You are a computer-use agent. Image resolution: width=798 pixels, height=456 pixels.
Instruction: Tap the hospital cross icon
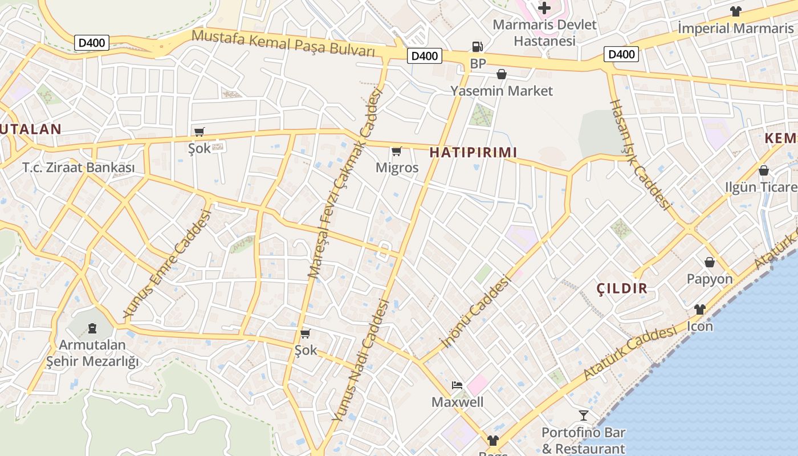(x=544, y=8)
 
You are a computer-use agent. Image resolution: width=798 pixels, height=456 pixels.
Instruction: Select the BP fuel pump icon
(x=477, y=47)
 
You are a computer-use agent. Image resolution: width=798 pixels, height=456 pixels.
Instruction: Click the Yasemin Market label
(x=502, y=91)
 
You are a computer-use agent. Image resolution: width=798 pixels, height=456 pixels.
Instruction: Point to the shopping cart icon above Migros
(x=397, y=151)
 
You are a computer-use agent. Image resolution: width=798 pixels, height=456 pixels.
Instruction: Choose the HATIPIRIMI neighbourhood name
(x=473, y=152)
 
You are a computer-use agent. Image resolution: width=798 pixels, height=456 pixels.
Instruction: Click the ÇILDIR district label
(x=622, y=288)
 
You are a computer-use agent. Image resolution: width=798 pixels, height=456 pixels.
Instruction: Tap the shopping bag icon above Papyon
(x=710, y=262)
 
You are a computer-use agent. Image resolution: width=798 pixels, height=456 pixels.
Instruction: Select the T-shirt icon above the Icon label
(x=699, y=310)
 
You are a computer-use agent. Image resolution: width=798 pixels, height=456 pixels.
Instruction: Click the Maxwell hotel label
(x=457, y=402)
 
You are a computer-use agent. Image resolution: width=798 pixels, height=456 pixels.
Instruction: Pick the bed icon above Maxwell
(x=457, y=385)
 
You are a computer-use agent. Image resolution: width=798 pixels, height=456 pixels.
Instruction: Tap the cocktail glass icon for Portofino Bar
(x=583, y=415)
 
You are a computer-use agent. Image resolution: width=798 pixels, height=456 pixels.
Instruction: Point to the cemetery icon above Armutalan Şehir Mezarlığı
(x=92, y=328)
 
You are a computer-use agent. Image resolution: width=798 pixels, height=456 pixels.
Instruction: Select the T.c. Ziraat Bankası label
(x=79, y=168)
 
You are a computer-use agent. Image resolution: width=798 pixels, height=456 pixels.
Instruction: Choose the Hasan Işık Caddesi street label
(x=640, y=154)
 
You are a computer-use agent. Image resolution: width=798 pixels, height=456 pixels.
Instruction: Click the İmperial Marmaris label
(x=735, y=28)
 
